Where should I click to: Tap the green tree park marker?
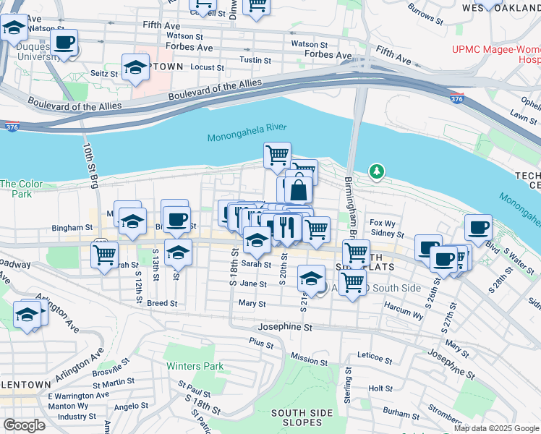click(x=376, y=172)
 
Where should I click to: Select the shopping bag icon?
click(x=298, y=190)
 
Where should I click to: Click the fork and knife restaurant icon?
click(x=287, y=228)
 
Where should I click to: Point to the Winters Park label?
click(x=195, y=366)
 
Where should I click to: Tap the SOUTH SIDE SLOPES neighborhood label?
click(x=297, y=417)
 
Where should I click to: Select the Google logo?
click(x=25, y=425)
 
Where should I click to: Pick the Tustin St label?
click(x=255, y=60)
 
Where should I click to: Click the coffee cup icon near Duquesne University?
click(x=64, y=43)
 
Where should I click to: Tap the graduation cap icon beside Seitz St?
click(x=135, y=67)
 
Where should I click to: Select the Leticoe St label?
click(x=378, y=356)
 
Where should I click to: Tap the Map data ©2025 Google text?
click(x=496, y=428)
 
